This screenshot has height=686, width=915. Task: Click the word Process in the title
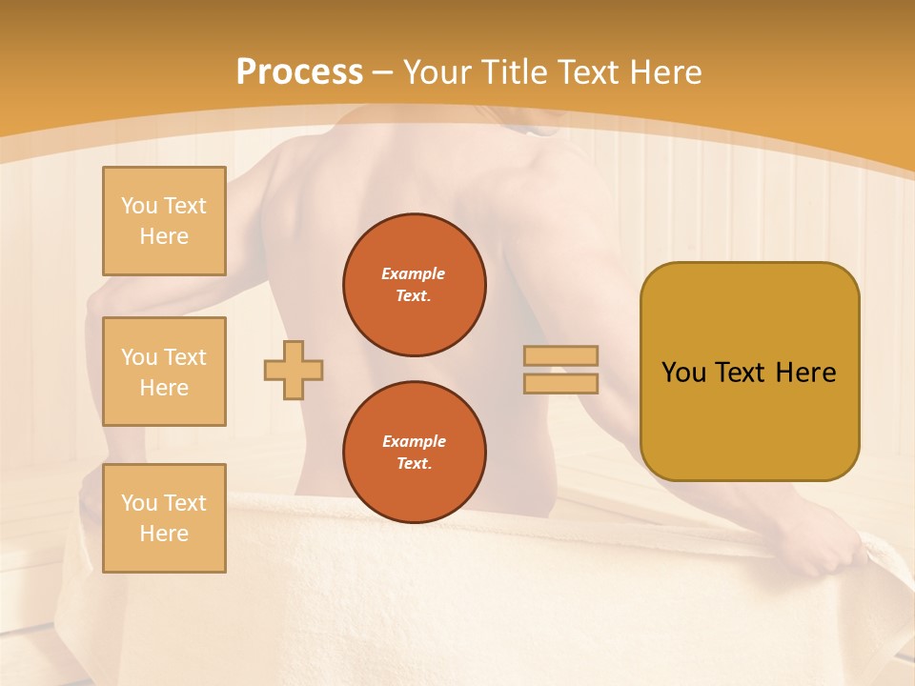click(299, 72)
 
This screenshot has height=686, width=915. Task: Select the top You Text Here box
click(164, 221)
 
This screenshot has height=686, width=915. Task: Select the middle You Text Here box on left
click(164, 372)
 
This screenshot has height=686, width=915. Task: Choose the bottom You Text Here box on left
click(164, 517)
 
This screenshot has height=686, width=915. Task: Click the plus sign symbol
click(294, 370)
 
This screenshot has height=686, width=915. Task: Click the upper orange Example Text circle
click(415, 285)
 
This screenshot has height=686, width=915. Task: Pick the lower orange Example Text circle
click(415, 453)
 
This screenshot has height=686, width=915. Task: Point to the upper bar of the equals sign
click(560, 355)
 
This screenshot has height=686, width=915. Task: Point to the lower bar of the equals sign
click(560, 383)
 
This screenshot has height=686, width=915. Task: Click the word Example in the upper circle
click(414, 273)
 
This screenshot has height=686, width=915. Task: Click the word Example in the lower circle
click(414, 441)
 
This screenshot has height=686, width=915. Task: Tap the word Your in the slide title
click(437, 72)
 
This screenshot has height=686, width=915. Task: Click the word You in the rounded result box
click(684, 373)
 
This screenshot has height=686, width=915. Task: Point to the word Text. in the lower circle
click(414, 464)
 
